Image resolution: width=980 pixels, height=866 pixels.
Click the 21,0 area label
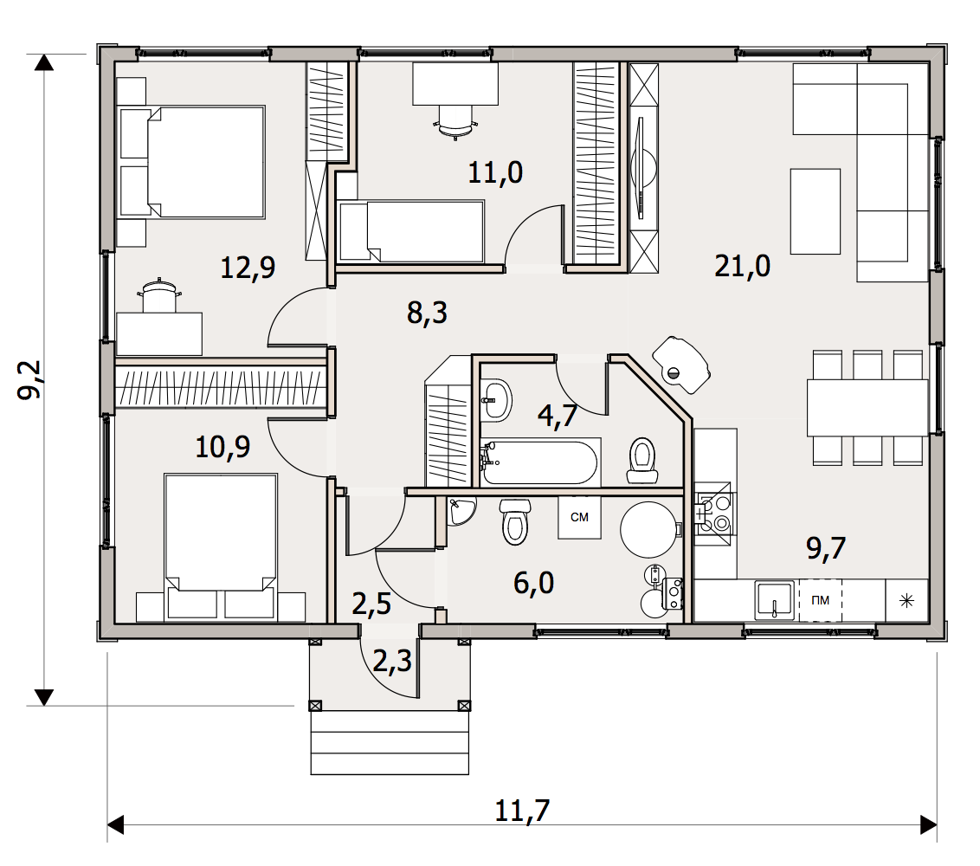[x=742, y=267]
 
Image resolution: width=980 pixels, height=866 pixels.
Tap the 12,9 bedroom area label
[x=248, y=268]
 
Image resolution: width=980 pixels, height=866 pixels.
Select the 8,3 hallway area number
[x=427, y=313]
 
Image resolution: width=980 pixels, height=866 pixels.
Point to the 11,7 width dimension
[x=522, y=811]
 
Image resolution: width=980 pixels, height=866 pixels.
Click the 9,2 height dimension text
[x=29, y=379]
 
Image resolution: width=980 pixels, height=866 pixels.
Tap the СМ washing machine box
[x=579, y=517]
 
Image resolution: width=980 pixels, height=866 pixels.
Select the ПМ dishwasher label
[x=820, y=600]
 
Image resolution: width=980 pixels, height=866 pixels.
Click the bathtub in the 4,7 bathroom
[x=540, y=462]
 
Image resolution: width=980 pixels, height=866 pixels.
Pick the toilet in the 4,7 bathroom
[x=642, y=460]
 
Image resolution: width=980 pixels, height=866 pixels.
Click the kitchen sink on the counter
[x=774, y=600]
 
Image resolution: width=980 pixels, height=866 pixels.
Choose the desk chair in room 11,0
[x=455, y=120]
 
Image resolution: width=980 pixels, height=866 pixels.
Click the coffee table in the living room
[x=815, y=211]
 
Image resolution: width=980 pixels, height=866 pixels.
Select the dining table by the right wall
[x=867, y=408]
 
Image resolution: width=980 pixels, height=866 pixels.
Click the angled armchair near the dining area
[x=681, y=365]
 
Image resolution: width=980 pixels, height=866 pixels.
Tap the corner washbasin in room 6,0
[x=461, y=510]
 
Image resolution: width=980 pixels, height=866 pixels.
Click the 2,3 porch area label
[x=392, y=661]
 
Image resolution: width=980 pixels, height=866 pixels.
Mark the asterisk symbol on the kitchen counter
[x=906, y=601]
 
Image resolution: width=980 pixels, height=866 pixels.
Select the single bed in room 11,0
[x=410, y=230]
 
